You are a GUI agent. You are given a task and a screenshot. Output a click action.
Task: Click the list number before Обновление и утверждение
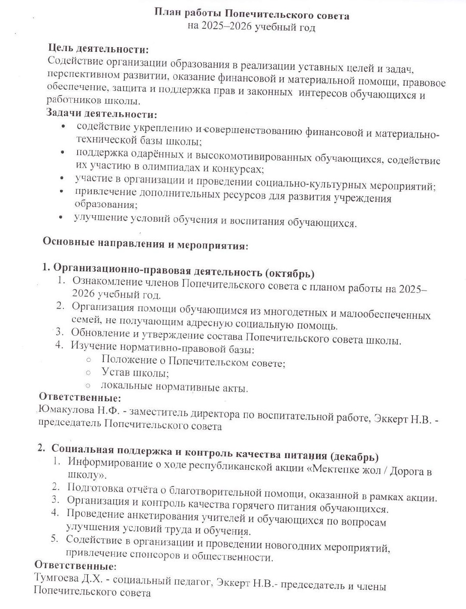click(59, 331)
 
